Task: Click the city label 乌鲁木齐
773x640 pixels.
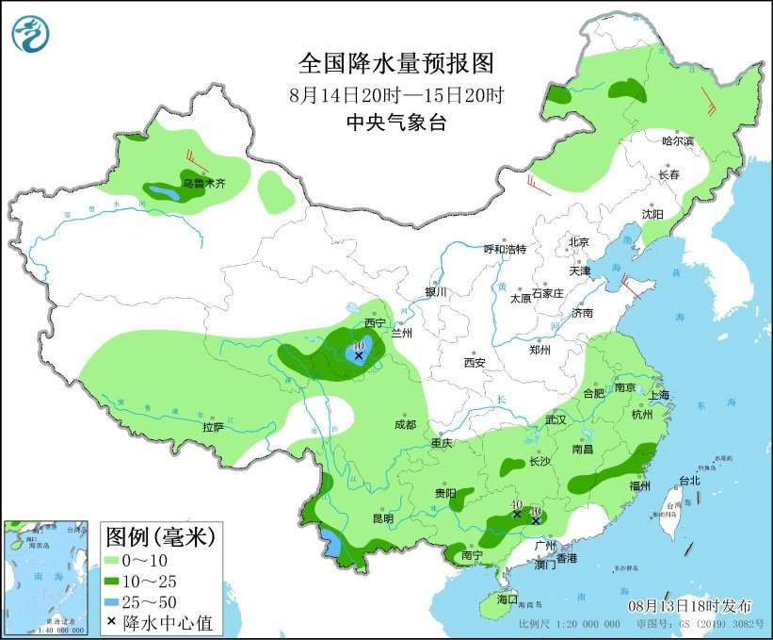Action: pos(204,185)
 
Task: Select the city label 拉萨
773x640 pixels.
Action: pos(213,427)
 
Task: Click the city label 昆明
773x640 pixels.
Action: pos(382,517)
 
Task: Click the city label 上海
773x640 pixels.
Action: pos(658,394)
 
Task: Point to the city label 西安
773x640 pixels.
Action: pos(474,362)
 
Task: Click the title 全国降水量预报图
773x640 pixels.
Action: pos(396,63)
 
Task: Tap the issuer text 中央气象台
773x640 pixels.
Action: pos(395,122)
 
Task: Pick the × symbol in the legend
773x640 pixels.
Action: pos(113,621)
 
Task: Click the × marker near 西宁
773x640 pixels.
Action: pos(358,355)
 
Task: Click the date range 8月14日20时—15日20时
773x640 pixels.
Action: pos(396,94)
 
